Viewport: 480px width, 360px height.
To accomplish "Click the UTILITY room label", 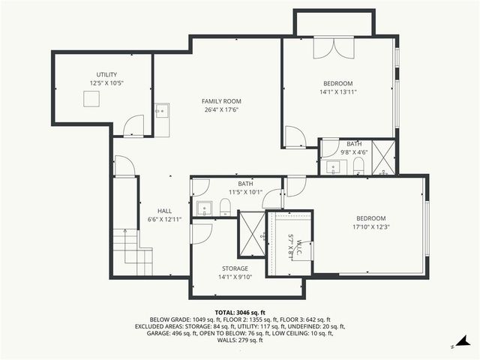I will [106, 74].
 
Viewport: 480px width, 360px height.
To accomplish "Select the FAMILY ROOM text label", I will [221, 100].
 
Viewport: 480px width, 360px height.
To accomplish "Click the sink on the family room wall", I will [160, 111].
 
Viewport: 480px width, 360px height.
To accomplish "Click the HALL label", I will [164, 211].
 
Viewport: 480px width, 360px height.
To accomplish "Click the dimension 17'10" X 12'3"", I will [373, 226].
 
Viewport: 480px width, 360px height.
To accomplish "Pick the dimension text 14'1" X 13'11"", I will [338, 92].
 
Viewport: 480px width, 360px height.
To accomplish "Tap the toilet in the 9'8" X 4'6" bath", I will [358, 164].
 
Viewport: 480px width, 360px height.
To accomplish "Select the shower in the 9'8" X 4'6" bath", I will [382, 158].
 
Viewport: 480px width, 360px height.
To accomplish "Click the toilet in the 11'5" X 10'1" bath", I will [224, 207].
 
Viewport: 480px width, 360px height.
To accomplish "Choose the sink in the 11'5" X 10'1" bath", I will [203, 208].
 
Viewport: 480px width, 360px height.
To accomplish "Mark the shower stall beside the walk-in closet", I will [251, 234].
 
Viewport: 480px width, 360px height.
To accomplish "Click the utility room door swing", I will [133, 126].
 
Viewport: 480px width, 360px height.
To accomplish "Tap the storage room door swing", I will [200, 234].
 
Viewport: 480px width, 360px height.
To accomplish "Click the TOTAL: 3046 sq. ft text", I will [240, 312].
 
